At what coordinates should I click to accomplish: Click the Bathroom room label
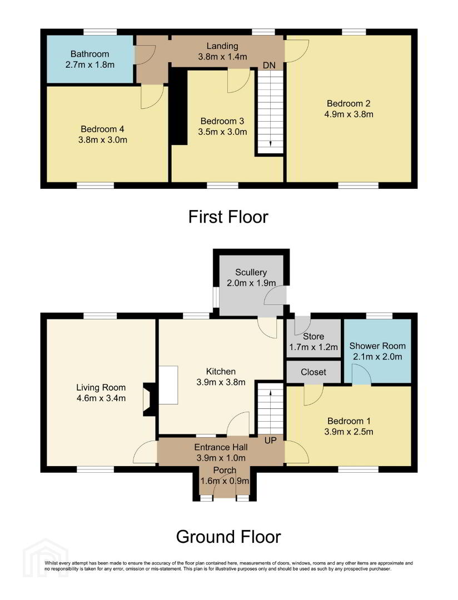click(89, 54)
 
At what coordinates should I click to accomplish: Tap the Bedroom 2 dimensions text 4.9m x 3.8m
click(349, 114)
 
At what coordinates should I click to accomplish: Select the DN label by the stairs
click(269, 66)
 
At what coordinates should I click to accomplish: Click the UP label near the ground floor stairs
click(270, 441)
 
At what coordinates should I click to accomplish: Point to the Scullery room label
click(251, 272)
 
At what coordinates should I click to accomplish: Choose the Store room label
click(313, 336)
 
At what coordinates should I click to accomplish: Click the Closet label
click(313, 372)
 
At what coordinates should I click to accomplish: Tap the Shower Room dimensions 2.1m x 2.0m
click(377, 357)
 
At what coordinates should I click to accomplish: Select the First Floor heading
click(228, 217)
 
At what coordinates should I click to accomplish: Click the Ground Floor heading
click(228, 537)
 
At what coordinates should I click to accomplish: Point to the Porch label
click(225, 470)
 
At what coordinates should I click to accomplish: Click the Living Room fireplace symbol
click(148, 399)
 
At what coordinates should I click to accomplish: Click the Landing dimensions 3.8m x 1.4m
click(222, 57)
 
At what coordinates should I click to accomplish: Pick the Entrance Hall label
click(221, 447)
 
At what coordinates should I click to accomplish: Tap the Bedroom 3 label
click(222, 121)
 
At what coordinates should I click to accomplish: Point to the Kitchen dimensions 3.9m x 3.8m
click(221, 382)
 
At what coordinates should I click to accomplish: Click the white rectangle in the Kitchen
click(168, 385)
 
